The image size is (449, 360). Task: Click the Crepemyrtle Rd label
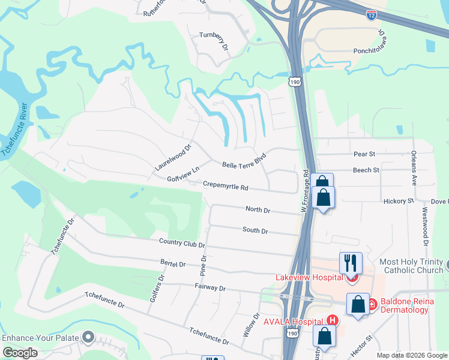coord(225,187)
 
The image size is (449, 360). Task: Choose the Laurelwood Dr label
coord(173,157)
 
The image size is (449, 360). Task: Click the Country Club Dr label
coord(182,242)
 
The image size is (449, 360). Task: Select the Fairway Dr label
coord(209,288)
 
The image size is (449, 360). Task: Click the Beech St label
coord(366,170)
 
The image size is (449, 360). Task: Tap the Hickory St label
coord(399,201)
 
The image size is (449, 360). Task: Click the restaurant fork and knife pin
coord(351,262)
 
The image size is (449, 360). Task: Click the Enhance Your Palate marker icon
coord(89,338)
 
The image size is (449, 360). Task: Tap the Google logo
coord(20,353)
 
